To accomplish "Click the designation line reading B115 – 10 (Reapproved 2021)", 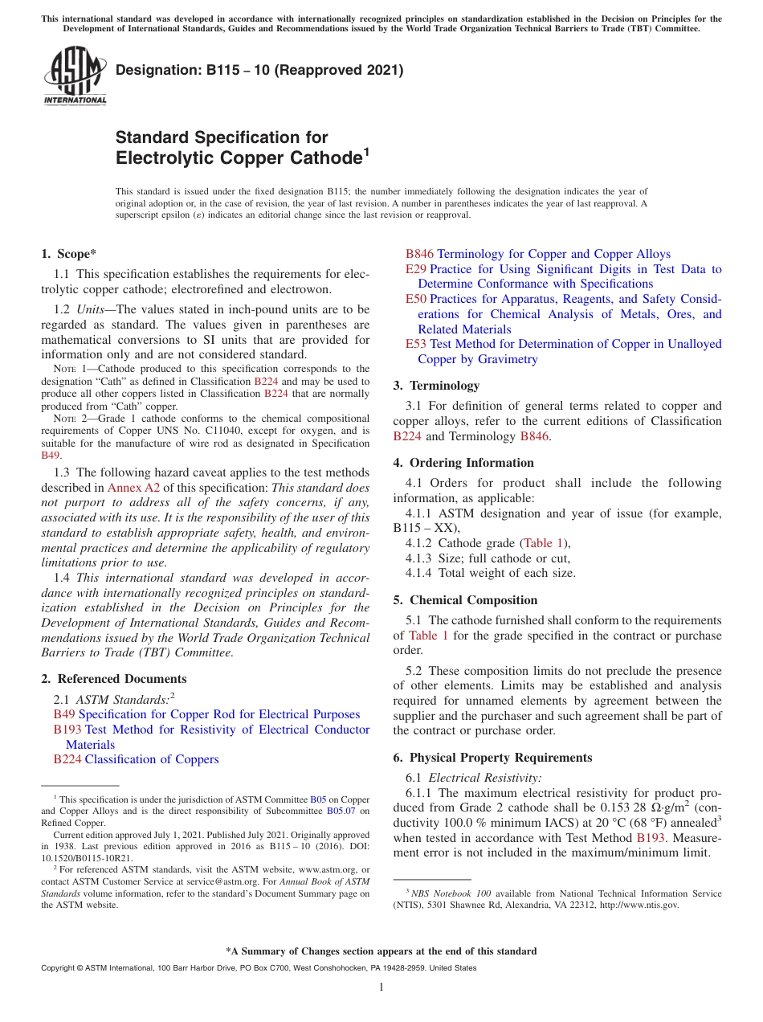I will (259, 71).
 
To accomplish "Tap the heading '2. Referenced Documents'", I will (114, 679).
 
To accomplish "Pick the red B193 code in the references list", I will (67, 730).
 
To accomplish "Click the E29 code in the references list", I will (415, 269).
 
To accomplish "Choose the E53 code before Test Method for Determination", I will (416, 344).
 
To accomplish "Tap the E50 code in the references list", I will (416, 299).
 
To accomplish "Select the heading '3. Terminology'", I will (436, 386).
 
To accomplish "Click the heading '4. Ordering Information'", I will (463, 463).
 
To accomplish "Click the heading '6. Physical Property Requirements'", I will (492, 758).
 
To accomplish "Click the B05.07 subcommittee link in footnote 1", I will (341, 811).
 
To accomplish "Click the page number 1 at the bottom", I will (381, 987).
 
